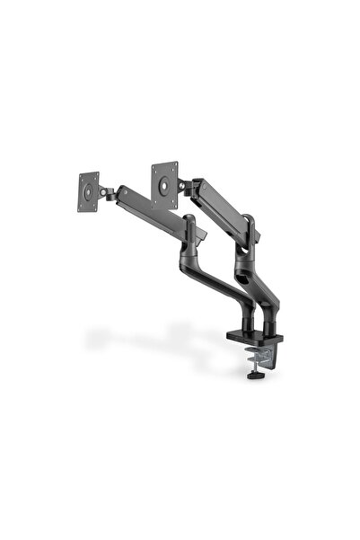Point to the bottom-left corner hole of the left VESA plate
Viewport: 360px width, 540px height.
click(x=83, y=202)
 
